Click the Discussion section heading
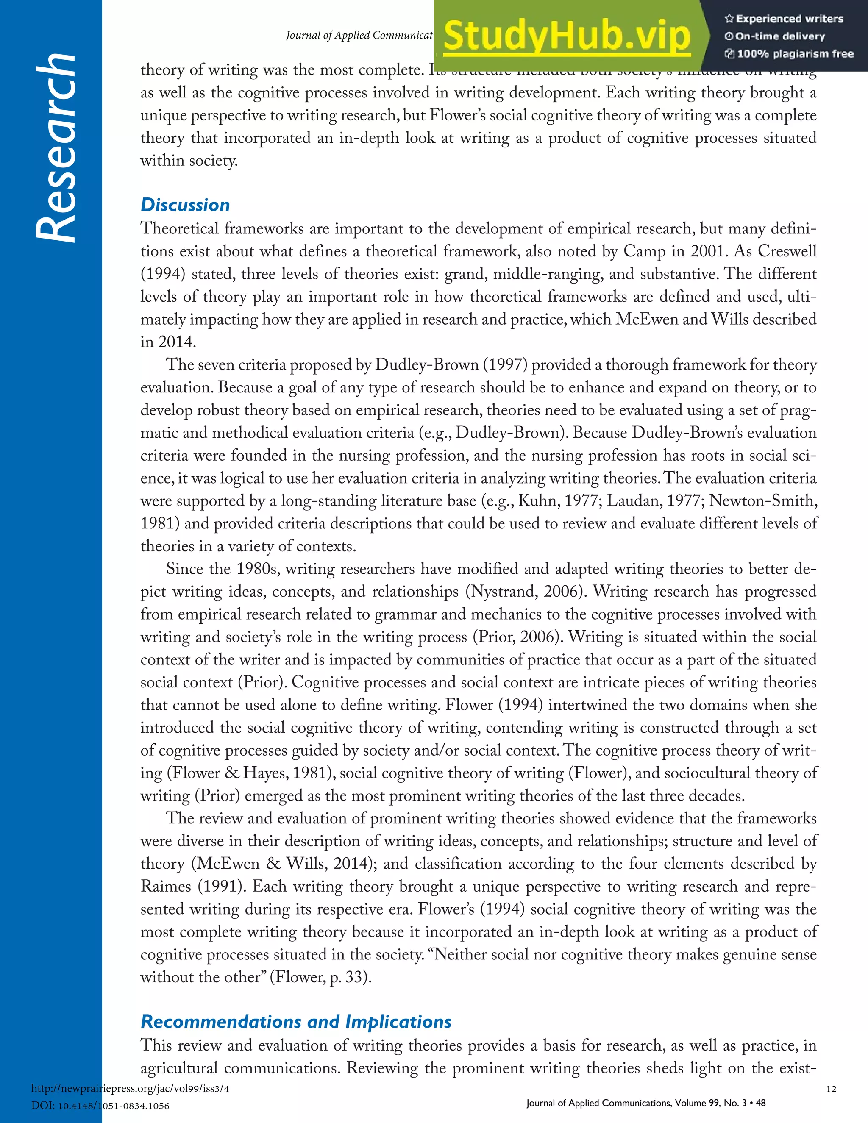click(x=185, y=205)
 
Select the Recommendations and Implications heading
click(x=296, y=1021)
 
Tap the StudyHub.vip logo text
click(x=566, y=36)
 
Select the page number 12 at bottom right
click(x=831, y=1089)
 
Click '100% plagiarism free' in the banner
click(x=795, y=54)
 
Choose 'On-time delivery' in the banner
click(x=780, y=36)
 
